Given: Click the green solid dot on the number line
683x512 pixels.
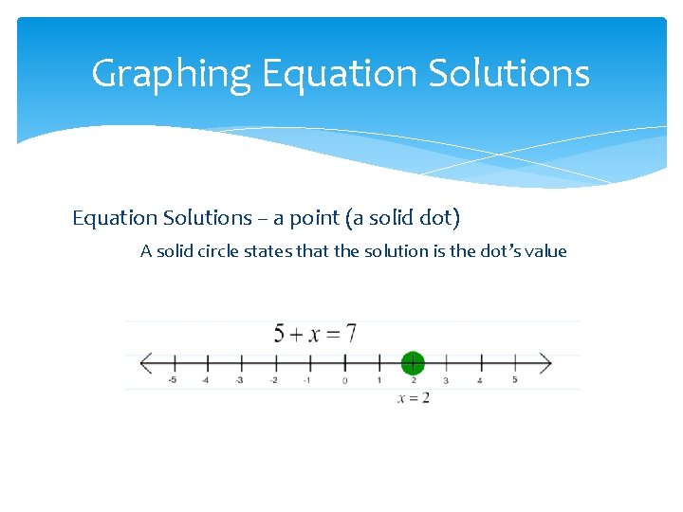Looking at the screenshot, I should coord(412,363).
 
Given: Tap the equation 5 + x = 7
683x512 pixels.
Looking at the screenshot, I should coord(314,334).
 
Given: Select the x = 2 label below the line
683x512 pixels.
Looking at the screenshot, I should coord(414,398).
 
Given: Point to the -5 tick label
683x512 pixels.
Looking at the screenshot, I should coord(172,380).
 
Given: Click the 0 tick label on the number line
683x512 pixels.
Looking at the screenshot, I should coord(344,380).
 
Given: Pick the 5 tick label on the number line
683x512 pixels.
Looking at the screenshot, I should coord(515,380).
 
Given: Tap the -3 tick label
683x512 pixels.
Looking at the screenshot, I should coord(239,380).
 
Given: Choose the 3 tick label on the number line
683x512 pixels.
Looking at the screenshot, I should coord(446,380).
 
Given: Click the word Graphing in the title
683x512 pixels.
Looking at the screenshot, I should coord(172,74).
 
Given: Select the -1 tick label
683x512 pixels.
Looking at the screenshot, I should coord(306,380).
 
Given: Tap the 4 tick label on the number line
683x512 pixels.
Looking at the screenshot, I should coord(480,380).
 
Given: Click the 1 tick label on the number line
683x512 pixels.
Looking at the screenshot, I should coord(378,380).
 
